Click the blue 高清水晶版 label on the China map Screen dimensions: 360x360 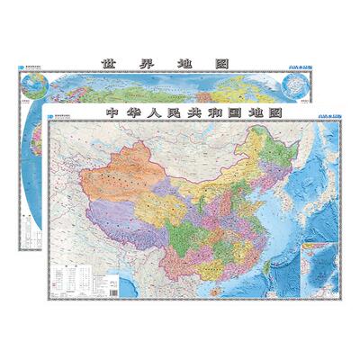(324, 116)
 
